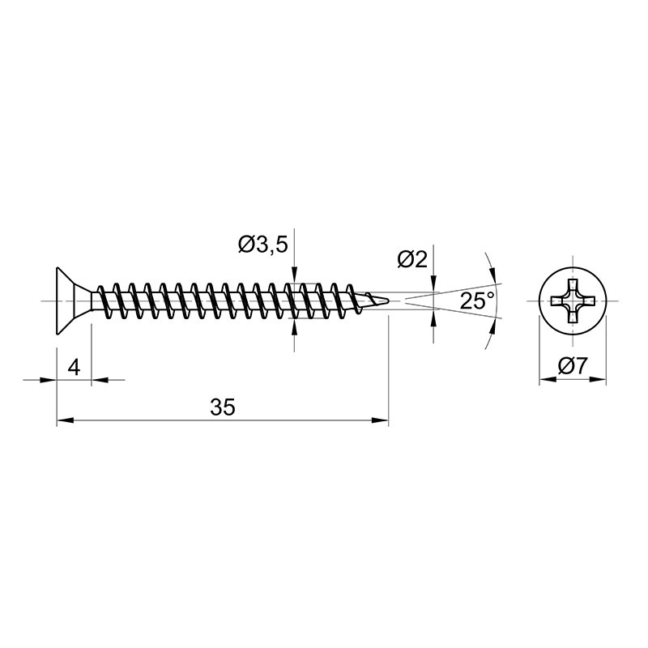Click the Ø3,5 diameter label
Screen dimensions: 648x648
click(x=262, y=245)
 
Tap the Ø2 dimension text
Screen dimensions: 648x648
click(x=412, y=259)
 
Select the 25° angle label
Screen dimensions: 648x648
click(x=477, y=301)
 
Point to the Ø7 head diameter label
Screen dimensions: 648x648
click(x=573, y=366)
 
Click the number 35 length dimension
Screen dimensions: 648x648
click(x=223, y=407)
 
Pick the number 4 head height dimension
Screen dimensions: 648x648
click(x=74, y=367)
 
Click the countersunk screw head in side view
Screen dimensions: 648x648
click(x=74, y=301)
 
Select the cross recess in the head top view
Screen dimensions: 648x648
click(x=573, y=301)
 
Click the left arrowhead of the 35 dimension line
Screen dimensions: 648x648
click(x=65, y=420)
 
